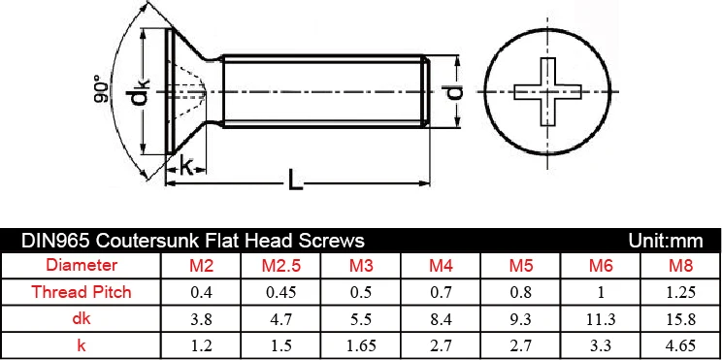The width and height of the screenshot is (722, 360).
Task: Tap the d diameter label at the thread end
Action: pos(456,91)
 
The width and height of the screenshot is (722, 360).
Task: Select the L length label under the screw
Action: pos(296,180)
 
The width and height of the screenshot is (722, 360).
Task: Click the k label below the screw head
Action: pos(186,167)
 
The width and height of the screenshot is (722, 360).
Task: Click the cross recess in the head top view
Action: pos(547,91)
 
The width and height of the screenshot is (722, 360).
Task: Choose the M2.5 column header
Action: pos(280,266)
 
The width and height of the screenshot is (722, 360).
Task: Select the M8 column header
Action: pos(681,266)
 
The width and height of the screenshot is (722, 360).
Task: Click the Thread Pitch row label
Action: pos(82,292)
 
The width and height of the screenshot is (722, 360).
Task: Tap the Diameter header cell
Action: pos(82,265)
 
